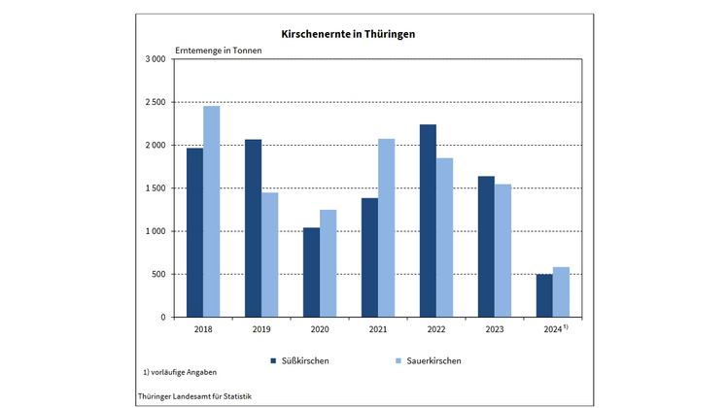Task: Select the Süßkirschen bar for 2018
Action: pos(194,232)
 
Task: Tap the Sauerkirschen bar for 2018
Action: pos(211,211)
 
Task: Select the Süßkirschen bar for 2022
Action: pos(428,221)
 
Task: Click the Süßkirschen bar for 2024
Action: pos(544,295)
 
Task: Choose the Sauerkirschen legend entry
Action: pos(424,360)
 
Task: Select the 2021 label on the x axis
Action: pos(377,330)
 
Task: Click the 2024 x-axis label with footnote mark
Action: pos(554,330)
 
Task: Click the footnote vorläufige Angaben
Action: pos(179,373)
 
